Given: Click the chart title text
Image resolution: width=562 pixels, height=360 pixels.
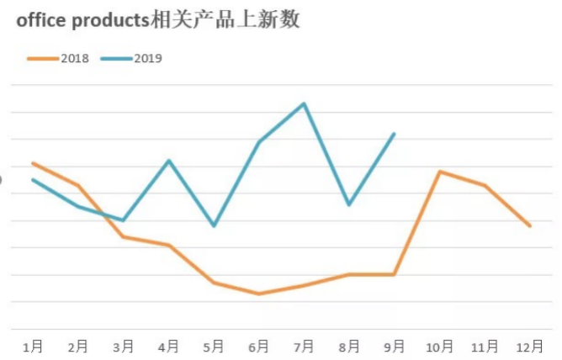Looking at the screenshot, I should point(158,21).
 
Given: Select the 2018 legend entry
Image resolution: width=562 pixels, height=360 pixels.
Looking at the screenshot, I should point(59,58).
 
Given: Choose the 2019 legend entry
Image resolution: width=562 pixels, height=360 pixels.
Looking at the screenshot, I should point(132,58).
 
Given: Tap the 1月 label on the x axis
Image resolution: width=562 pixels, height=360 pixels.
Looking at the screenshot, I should point(34,346).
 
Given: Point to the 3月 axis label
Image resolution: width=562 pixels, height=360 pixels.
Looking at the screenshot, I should point(124,346).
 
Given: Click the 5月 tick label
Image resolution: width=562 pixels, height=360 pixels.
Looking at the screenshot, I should point(214,346).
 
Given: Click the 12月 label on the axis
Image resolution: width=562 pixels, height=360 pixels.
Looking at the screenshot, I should point(530,346).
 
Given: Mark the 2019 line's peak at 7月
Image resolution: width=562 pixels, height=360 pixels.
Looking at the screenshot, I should point(304,103).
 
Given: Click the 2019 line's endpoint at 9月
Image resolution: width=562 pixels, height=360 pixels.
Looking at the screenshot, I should point(394,134).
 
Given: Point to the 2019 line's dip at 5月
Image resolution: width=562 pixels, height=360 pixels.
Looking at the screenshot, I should point(214,226).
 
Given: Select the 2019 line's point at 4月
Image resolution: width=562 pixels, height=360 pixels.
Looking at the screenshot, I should point(169,161).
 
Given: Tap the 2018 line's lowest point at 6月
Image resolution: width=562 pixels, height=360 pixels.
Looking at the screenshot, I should point(258,294).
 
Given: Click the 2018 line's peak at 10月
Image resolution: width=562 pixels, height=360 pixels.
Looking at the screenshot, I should point(439,172).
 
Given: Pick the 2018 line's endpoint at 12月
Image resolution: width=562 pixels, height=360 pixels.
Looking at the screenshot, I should point(530,225).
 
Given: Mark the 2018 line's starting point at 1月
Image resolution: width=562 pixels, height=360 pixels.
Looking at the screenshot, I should point(34,163).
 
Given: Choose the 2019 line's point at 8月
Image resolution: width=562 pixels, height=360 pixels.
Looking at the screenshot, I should point(349,204).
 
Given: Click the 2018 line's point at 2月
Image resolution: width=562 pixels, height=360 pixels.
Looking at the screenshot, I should point(78,185).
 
